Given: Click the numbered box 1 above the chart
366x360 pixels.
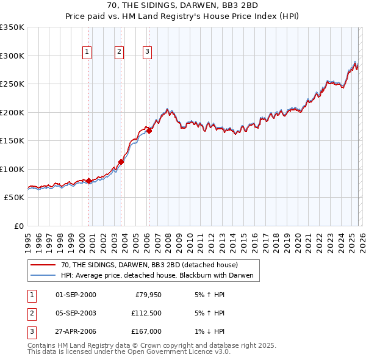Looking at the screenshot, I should tap(87, 52).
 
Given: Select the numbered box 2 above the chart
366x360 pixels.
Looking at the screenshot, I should tap(119, 52).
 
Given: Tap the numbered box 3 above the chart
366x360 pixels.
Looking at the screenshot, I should tap(148, 52).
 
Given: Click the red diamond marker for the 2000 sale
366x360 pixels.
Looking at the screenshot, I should tap(88, 181).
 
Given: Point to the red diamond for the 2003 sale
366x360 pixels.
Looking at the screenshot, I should tap(121, 162).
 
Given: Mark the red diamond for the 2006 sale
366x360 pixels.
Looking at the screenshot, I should tap(149, 131).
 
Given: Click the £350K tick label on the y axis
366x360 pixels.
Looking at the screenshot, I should tap(12, 27).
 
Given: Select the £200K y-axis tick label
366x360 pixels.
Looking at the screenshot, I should tap(12, 112).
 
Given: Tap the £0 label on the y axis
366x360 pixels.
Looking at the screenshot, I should tap(18, 226).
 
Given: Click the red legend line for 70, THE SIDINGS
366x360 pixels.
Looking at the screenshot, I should tap(42, 265).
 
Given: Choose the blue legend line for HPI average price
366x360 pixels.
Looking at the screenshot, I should tap(42, 276).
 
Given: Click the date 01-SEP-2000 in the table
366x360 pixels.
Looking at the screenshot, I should tap(76, 295).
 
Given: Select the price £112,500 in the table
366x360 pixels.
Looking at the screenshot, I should tap(146, 313).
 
